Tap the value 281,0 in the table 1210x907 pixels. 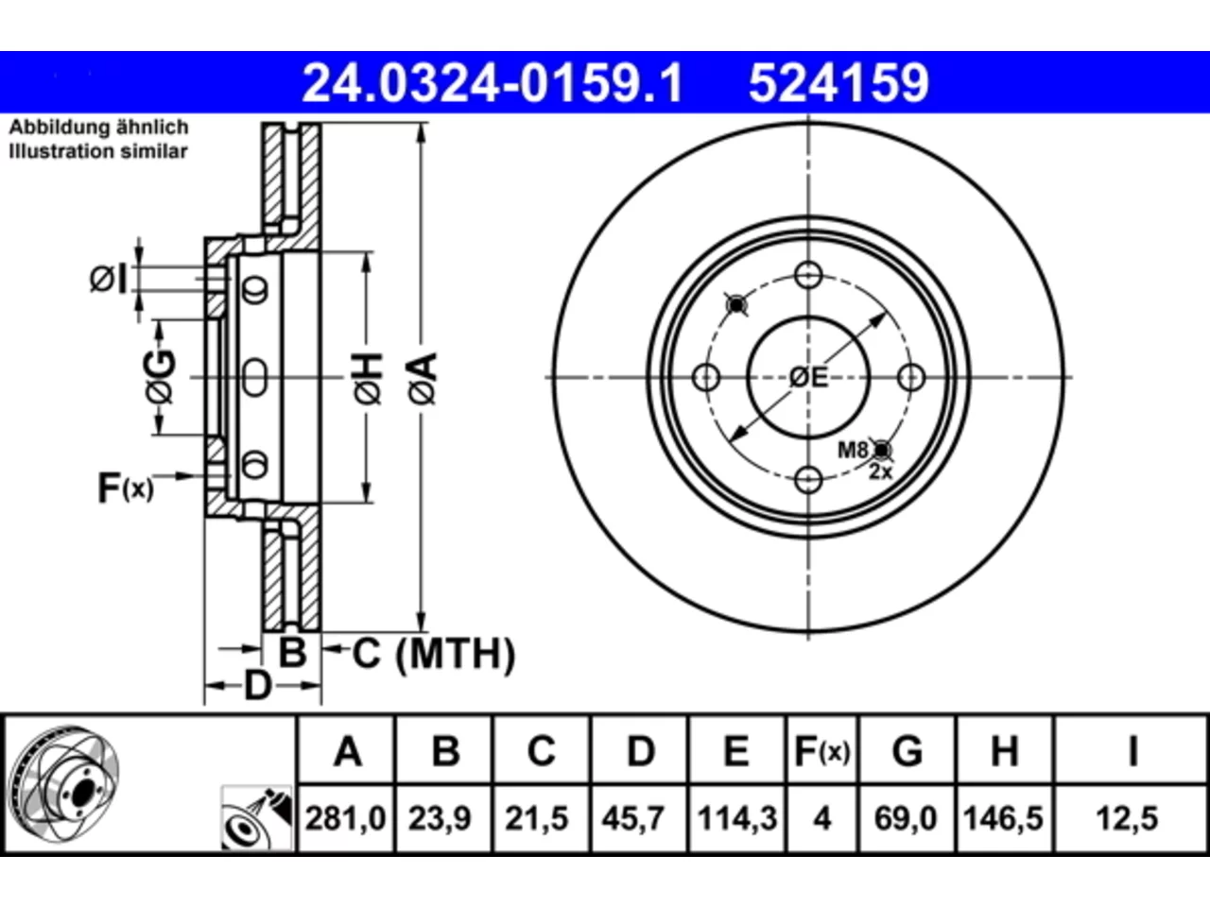[346, 818]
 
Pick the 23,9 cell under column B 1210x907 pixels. [440, 818]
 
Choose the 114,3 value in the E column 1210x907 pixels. [737, 818]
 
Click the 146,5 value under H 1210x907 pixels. [1003, 818]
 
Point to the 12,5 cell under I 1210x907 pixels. [1127, 818]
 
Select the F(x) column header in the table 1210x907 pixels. [821, 751]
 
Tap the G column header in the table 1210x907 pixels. [907, 751]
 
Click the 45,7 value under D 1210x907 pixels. [632, 818]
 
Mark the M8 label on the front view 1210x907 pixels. [853, 451]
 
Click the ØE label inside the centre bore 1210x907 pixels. [808, 378]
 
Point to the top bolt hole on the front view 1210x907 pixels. [808, 275]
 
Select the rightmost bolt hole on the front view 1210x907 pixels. [910, 378]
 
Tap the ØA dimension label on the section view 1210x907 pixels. [423, 379]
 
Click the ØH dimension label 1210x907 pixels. [369, 379]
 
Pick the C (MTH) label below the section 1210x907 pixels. [433, 654]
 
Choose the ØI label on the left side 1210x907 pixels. [108, 279]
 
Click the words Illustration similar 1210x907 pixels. [98, 151]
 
